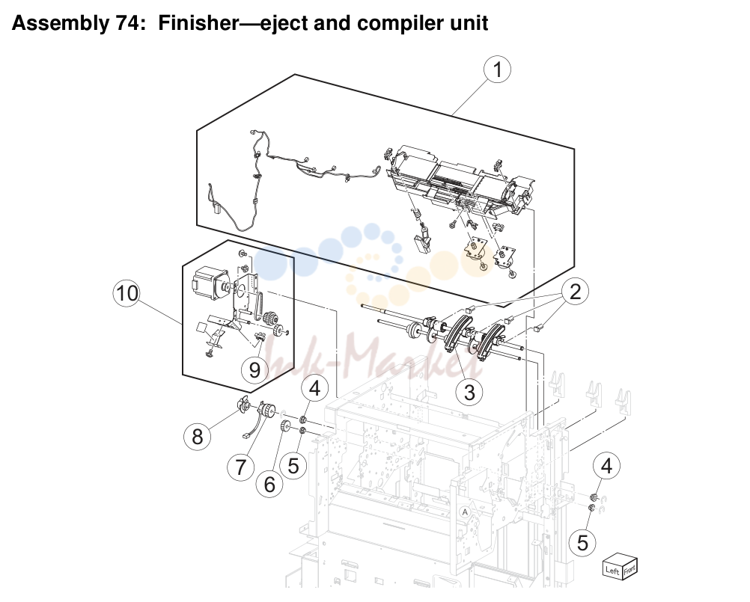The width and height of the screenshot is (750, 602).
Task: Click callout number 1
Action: point(497,70)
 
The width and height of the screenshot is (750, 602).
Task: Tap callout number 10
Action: point(126,293)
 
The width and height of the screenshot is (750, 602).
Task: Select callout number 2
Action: point(575,292)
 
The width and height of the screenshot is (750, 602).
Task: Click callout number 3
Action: point(469,393)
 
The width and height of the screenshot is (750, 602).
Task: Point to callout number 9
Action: point(254,369)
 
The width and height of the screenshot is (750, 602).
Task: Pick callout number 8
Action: point(197,436)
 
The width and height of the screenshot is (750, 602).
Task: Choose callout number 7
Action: point(240,467)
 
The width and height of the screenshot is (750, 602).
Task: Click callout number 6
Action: point(269,484)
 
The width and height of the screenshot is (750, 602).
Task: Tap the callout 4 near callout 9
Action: point(314,388)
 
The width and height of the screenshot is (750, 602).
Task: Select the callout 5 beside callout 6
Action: point(293,465)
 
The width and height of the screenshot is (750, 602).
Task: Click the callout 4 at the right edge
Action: point(606,466)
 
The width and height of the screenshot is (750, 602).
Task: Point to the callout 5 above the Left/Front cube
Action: point(582,543)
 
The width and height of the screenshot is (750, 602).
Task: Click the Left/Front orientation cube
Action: point(620,566)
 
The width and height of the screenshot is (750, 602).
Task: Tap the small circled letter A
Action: point(464,512)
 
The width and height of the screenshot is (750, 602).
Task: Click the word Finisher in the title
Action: point(198,23)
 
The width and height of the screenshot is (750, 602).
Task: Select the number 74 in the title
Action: point(126,23)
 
